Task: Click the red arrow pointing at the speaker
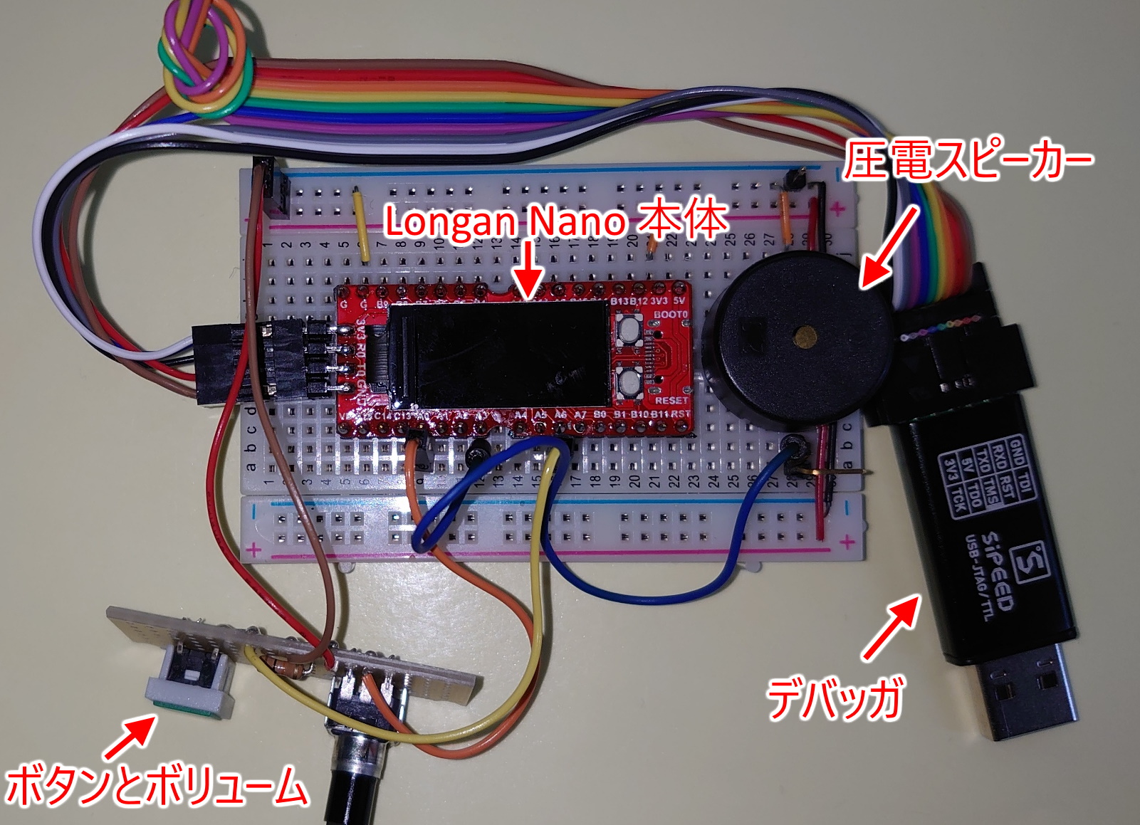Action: coord(888,246)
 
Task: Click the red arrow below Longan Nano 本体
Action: coord(528,270)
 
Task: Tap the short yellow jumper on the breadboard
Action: coord(361,223)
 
